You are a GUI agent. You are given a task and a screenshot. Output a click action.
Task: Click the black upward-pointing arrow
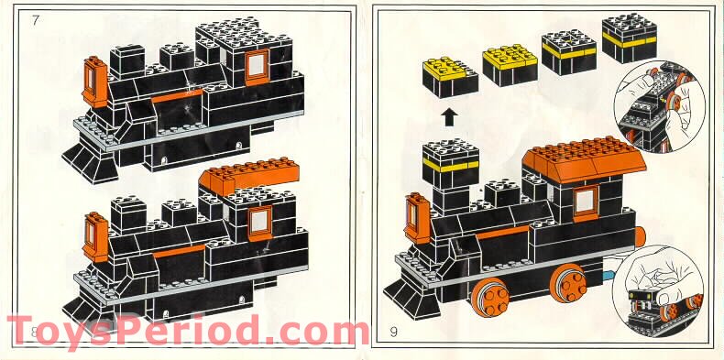450,116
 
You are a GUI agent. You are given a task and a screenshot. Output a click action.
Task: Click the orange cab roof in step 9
582,162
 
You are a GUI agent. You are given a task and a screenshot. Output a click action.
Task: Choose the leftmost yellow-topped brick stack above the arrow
448,75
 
